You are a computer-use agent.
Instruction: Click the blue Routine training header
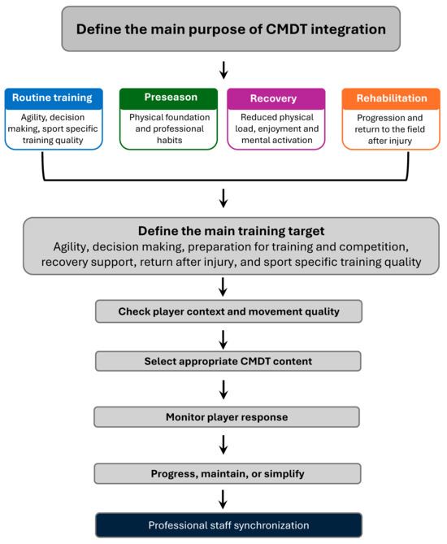(x=54, y=98)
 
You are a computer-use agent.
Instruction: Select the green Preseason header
(x=168, y=98)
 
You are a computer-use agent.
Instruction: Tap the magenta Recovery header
(x=276, y=98)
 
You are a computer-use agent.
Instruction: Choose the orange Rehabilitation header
(x=391, y=98)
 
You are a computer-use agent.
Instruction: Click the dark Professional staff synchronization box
(x=229, y=525)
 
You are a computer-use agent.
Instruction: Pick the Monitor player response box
(x=227, y=416)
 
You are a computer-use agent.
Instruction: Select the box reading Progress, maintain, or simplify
(x=228, y=473)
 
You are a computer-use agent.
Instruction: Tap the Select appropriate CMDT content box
(x=228, y=361)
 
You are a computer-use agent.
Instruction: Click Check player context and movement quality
(x=229, y=311)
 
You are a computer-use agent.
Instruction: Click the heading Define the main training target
(x=232, y=231)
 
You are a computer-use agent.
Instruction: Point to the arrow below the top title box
(x=223, y=70)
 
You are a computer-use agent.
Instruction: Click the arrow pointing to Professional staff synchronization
(x=223, y=499)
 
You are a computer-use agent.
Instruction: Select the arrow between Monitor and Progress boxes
(x=223, y=445)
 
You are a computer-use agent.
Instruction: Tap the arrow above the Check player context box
(x=223, y=287)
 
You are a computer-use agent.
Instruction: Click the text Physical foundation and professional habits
(x=170, y=128)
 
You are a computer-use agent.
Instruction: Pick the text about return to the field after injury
(x=390, y=129)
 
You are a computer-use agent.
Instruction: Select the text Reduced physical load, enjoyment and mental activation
(x=276, y=128)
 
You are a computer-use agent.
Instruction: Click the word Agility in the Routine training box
(x=33, y=118)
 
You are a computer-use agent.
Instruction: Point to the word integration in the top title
(x=348, y=30)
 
